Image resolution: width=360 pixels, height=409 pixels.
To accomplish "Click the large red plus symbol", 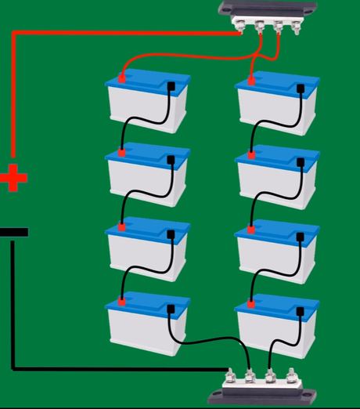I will (13, 178).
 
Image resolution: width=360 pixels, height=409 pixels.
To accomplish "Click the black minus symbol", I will (14, 232).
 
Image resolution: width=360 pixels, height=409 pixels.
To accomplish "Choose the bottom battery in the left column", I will (148, 325).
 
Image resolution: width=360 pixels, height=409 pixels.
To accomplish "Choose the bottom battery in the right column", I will (277, 325).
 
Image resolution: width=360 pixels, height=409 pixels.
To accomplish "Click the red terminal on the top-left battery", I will (122, 78).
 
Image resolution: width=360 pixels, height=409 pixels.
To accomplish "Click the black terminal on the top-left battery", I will (171, 85).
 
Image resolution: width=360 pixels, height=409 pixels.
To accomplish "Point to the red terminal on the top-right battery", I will (251, 78).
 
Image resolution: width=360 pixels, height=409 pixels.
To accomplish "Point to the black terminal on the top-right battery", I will (301, 85).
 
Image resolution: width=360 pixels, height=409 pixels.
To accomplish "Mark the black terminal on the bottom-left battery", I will (171, 307).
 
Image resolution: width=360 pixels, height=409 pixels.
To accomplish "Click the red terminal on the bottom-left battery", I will (122, 300).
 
